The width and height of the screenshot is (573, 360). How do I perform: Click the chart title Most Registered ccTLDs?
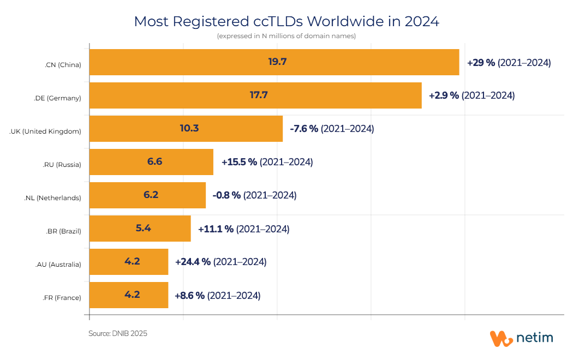[x=286, y=22]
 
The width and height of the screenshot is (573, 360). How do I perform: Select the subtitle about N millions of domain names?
[x=286, y=37]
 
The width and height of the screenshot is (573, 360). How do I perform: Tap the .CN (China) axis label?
[x=63, y=65]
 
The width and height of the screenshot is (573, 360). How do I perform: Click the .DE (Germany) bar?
[x=255, y=95]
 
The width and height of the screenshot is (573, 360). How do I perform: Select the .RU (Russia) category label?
[x=62, y=165]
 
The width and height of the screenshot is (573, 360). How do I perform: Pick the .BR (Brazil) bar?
[x=140, y=229]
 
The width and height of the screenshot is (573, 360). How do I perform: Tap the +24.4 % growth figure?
[x=193, y=262]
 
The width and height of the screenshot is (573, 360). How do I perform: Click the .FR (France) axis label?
[x=62, y=298]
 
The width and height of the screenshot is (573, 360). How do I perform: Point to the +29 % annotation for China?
[x=481, y=63]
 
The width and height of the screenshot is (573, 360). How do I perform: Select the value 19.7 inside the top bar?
[x=277, y=62]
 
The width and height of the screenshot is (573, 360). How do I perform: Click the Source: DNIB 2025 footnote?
[x=118, y=333]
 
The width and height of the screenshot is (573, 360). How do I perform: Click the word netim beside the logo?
[x=535, y=338]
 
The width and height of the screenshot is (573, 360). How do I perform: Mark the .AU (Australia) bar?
[x=129, y=262]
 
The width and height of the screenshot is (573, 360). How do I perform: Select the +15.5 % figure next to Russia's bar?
[x=239, y=162]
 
